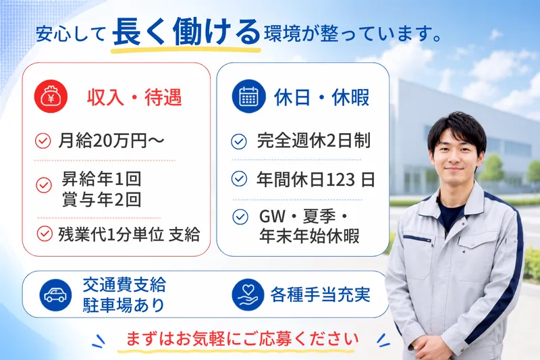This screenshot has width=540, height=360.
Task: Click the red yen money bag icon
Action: click(x=51, y=97)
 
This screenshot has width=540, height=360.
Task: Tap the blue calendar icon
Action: click(x=248, y=96)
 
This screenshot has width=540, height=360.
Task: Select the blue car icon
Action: click(x=55, y=295)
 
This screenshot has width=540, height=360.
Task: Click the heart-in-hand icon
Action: click(x=248, y=295)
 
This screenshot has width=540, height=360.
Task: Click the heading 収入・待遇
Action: click(x=134, y=97)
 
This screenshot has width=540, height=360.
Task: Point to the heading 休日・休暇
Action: click(x=322, y=97)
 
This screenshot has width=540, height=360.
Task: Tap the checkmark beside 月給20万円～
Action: click(x=43, y=141)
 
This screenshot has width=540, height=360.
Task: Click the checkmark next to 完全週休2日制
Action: click(x=239, y=141)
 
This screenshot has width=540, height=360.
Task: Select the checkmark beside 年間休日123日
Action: click(x=239, y=179)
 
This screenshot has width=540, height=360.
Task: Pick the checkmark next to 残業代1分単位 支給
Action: click(x=45, y=234)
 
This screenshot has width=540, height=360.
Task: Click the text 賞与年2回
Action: click(x=102, y=200)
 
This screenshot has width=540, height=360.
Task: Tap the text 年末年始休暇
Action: click(x=309, y=236)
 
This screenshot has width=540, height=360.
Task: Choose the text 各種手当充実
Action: click(x=320, y=295)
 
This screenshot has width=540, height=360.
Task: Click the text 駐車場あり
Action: click(x=124, y=305)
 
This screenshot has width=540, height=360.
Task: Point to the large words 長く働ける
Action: click(x=186, y=32)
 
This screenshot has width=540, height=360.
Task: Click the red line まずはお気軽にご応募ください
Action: click(x=242, y=339)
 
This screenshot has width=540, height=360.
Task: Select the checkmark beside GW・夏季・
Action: click(x=240, y=217)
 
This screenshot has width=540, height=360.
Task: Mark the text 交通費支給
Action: click(x=124, y=285)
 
